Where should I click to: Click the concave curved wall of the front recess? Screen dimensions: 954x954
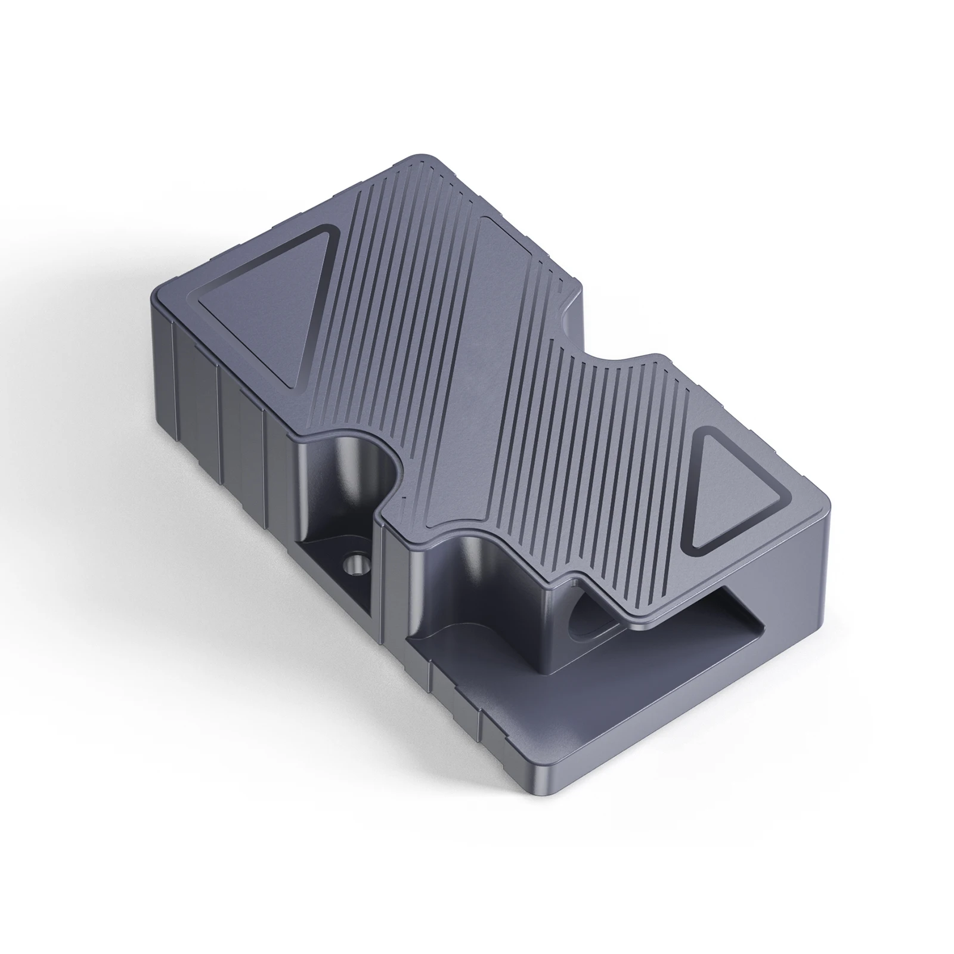coord(471,572)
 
